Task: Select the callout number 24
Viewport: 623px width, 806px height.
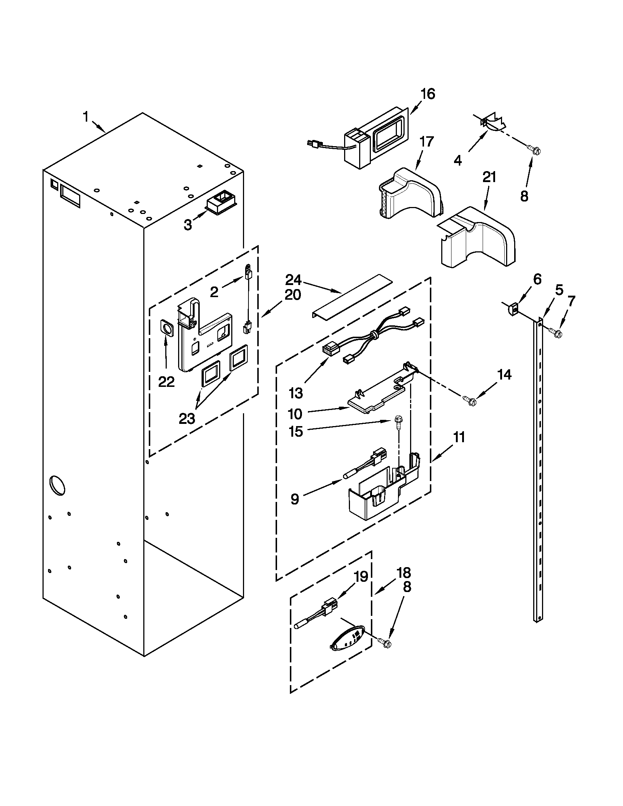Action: coord(293,280)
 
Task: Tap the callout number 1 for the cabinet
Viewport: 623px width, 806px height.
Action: coord(86,117)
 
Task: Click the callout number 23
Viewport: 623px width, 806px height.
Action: coord(187,418)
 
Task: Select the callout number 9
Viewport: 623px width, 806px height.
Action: coord(295,499)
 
